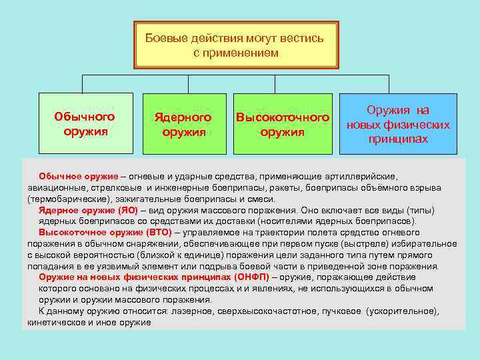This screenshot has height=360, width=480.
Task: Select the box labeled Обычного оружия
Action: [85, 123]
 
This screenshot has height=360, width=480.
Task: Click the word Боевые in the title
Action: [165, 38]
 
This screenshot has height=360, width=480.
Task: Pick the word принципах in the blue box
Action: [398, 139]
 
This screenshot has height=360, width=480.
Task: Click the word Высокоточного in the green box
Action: [283, 117]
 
